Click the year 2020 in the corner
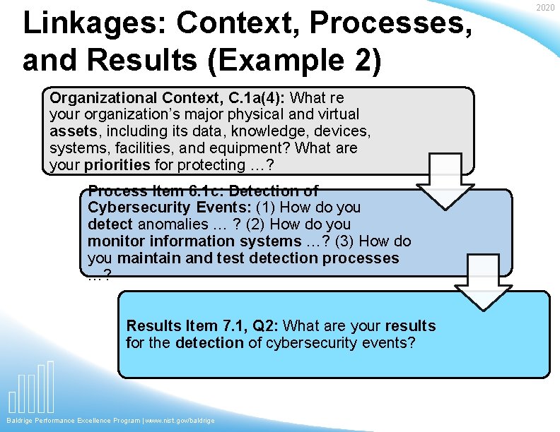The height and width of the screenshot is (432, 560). click(545, 7)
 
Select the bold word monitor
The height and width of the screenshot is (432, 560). click(114, 241)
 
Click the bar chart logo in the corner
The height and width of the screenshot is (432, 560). click(32, 388)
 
